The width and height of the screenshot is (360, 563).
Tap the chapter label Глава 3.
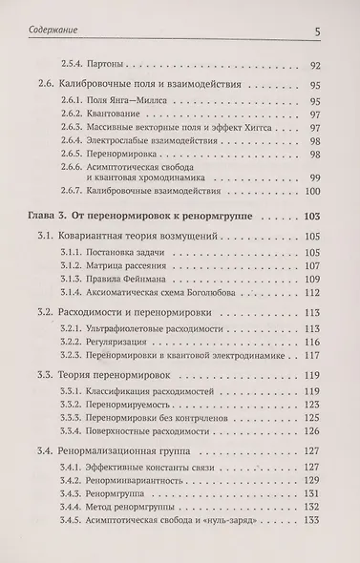(52, 219)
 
